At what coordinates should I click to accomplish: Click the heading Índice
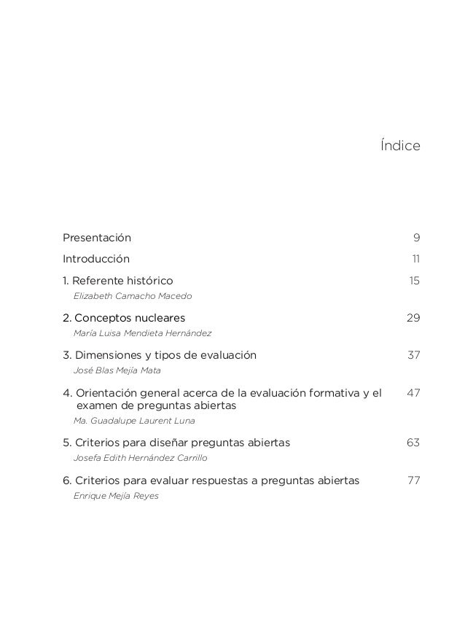pyautogui.click(x=400, y=146)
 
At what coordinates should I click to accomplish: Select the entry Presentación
pyautogui.click(x=97, y=238)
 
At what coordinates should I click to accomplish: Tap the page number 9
pyautogui.click(x=416, y=238)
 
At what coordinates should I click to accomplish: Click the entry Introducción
pyautogui.click(x=96, y=259)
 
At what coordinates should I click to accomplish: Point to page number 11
pyautogui.click(x=415, y=259)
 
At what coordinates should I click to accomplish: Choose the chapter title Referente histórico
pyautogui.click(x=122, y=281)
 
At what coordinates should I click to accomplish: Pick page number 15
pyautogui.click(x=414, y=281)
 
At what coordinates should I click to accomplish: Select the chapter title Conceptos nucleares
pyautogui.click(x=129, y=318)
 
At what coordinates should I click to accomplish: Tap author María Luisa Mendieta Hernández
pyautogui.click(x=143, y=333)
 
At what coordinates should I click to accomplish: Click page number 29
pyautogui.click(x=413, y=318)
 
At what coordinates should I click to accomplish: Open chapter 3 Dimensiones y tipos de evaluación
pyautogui.click(x=160, y=356)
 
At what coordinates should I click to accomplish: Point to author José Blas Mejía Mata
pyautogui.click(x=117, y=370)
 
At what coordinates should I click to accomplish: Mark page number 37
pyautogui.click(x=413, y=356)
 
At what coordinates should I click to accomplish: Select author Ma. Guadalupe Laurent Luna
pyautogui.click(x=134, y=421)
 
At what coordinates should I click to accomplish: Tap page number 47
pyautogui.click(x=413, y=394)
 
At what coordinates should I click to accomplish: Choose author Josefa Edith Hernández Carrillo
pyautogui.click(x=141, y=458)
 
